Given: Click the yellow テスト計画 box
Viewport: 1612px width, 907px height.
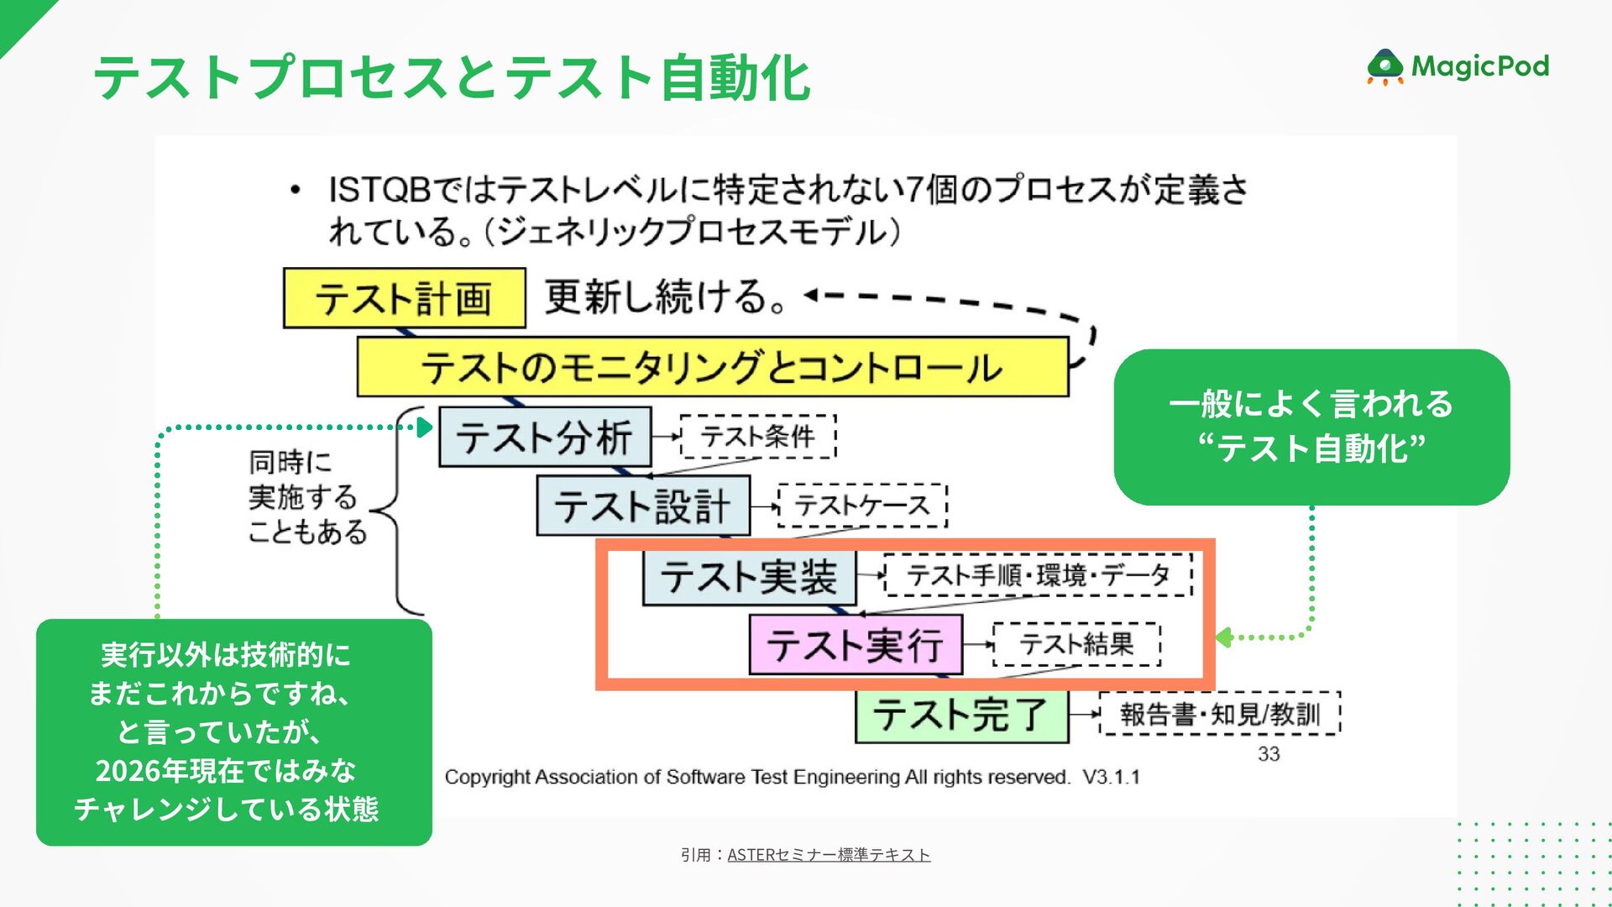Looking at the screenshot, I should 404,298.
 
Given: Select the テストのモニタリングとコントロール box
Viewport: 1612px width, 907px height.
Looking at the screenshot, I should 712,367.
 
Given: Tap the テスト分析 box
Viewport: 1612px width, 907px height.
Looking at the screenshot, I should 545,437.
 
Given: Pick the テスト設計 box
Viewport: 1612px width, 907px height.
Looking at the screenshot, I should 642,506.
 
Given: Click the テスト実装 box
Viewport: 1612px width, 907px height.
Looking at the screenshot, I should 749,577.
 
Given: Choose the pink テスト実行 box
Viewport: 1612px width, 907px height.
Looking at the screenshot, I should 855,645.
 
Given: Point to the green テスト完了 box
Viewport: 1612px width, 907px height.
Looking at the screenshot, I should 961,716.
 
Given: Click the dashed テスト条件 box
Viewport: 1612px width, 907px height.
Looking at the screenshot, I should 758,437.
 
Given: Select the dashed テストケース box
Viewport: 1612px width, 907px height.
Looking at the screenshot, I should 862,506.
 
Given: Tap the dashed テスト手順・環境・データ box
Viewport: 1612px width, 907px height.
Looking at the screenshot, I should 1038,575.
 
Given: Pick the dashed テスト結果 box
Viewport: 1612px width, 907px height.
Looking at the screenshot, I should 1076,644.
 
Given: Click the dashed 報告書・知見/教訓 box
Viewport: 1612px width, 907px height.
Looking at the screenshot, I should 1219,715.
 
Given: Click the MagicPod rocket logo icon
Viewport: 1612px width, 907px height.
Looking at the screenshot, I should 1384,67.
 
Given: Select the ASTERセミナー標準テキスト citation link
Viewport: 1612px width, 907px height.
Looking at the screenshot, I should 828,855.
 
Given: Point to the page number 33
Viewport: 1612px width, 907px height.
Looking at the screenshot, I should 1269,754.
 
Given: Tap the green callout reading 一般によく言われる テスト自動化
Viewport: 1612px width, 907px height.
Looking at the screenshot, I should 1311,427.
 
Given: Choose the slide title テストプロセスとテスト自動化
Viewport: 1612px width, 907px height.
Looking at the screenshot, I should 452,77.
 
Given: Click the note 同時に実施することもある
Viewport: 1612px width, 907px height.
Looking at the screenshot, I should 306,496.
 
